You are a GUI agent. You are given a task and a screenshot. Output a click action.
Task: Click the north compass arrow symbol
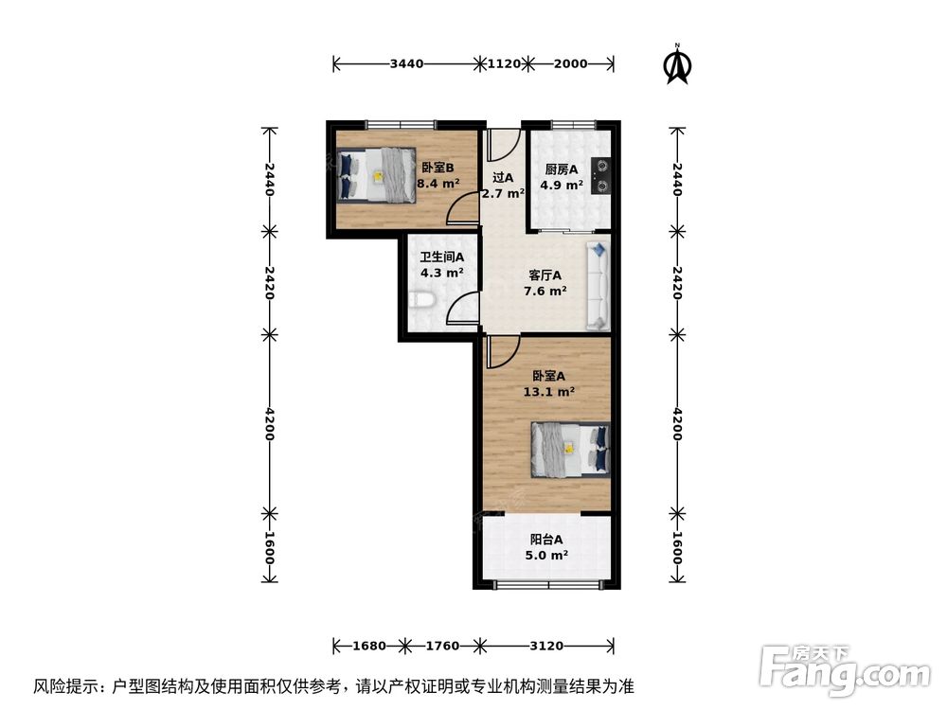[x=677, y=63]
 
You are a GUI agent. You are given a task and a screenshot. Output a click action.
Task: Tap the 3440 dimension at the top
[x=406, y=64]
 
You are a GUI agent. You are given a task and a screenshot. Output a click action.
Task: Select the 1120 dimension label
[x=504, y=64]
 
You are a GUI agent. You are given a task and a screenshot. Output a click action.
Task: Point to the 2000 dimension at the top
[x=570, y=64]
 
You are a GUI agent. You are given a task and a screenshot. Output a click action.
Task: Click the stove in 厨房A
[x=600, y=174]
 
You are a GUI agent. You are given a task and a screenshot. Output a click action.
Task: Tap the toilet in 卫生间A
[x=421, y=302]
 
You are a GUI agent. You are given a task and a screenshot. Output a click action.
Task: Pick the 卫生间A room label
[x=442, y=257]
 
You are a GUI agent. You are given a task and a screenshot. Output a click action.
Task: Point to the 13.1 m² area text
[x=549, y=390]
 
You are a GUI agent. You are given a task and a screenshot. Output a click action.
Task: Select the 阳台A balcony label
[x=547, y=541]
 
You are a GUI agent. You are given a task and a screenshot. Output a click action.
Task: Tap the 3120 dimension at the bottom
[x=546, y=647]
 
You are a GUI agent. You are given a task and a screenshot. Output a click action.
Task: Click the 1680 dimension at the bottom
[x=368, y=647]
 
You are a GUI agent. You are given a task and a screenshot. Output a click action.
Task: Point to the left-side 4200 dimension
[x=270, y=425]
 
